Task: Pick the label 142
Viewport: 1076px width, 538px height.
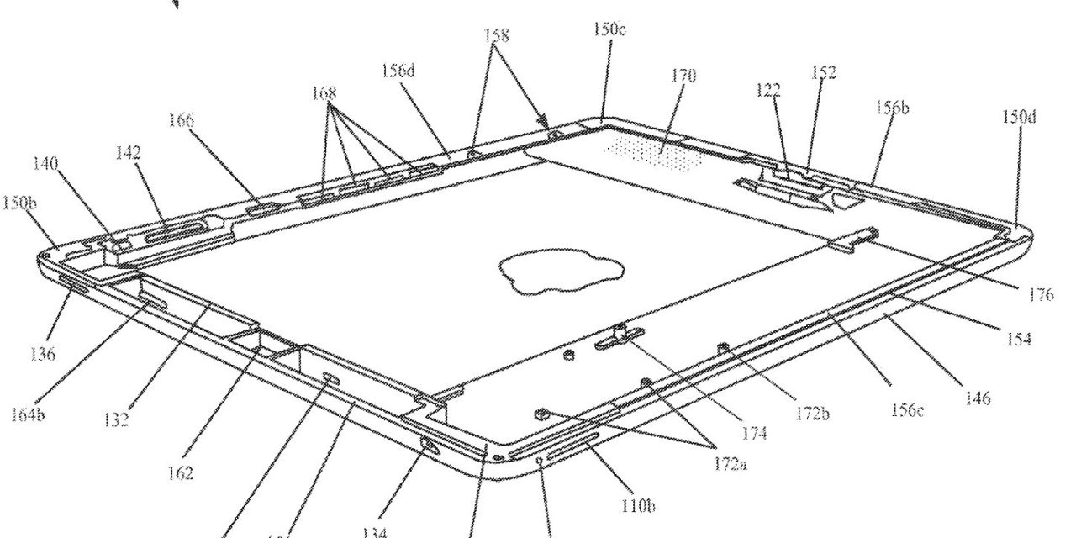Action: (x=129, y=153)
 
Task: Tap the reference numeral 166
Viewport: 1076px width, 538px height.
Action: (x=179, y=121)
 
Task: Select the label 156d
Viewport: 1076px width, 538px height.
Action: (x=398, y=71)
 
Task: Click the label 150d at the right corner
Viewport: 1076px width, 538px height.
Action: (x=1019, y=116)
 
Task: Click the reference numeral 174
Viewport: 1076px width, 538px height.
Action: (x=754, y=434)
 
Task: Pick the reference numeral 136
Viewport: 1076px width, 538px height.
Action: (x=42, y=354)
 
